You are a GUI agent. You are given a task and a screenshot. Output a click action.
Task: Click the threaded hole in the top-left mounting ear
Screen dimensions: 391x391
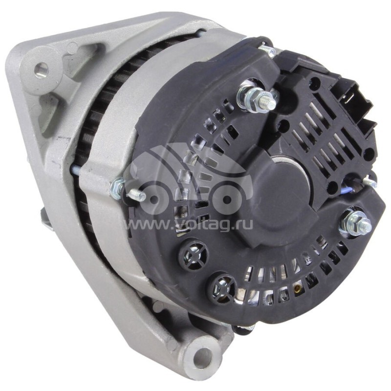42,69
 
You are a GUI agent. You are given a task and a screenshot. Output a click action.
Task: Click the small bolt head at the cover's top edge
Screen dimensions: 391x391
266,48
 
